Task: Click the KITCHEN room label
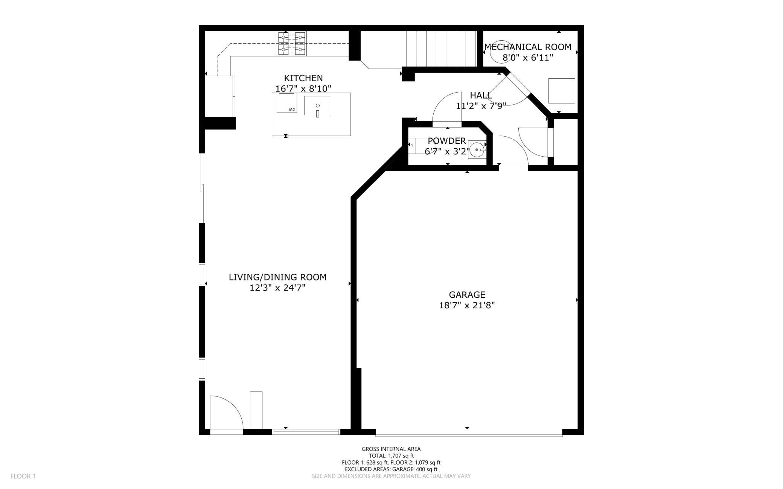[303, 78]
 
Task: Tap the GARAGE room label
[467, 295]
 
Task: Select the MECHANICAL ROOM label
[528, 47]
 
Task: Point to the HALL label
[481, 95]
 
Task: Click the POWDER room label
[447, 141]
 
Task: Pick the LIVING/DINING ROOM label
[277, 277]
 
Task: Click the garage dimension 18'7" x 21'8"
[467, 305]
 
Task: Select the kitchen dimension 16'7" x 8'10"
[303, 88]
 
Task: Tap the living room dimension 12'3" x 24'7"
[277, 288]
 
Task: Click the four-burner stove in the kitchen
[292, 44]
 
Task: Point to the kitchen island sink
[318, 106]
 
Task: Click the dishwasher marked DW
[287, 103]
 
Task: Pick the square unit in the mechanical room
[562, 91]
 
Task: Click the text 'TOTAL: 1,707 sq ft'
[391, 455]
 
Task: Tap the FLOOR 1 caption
[23, 476]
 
